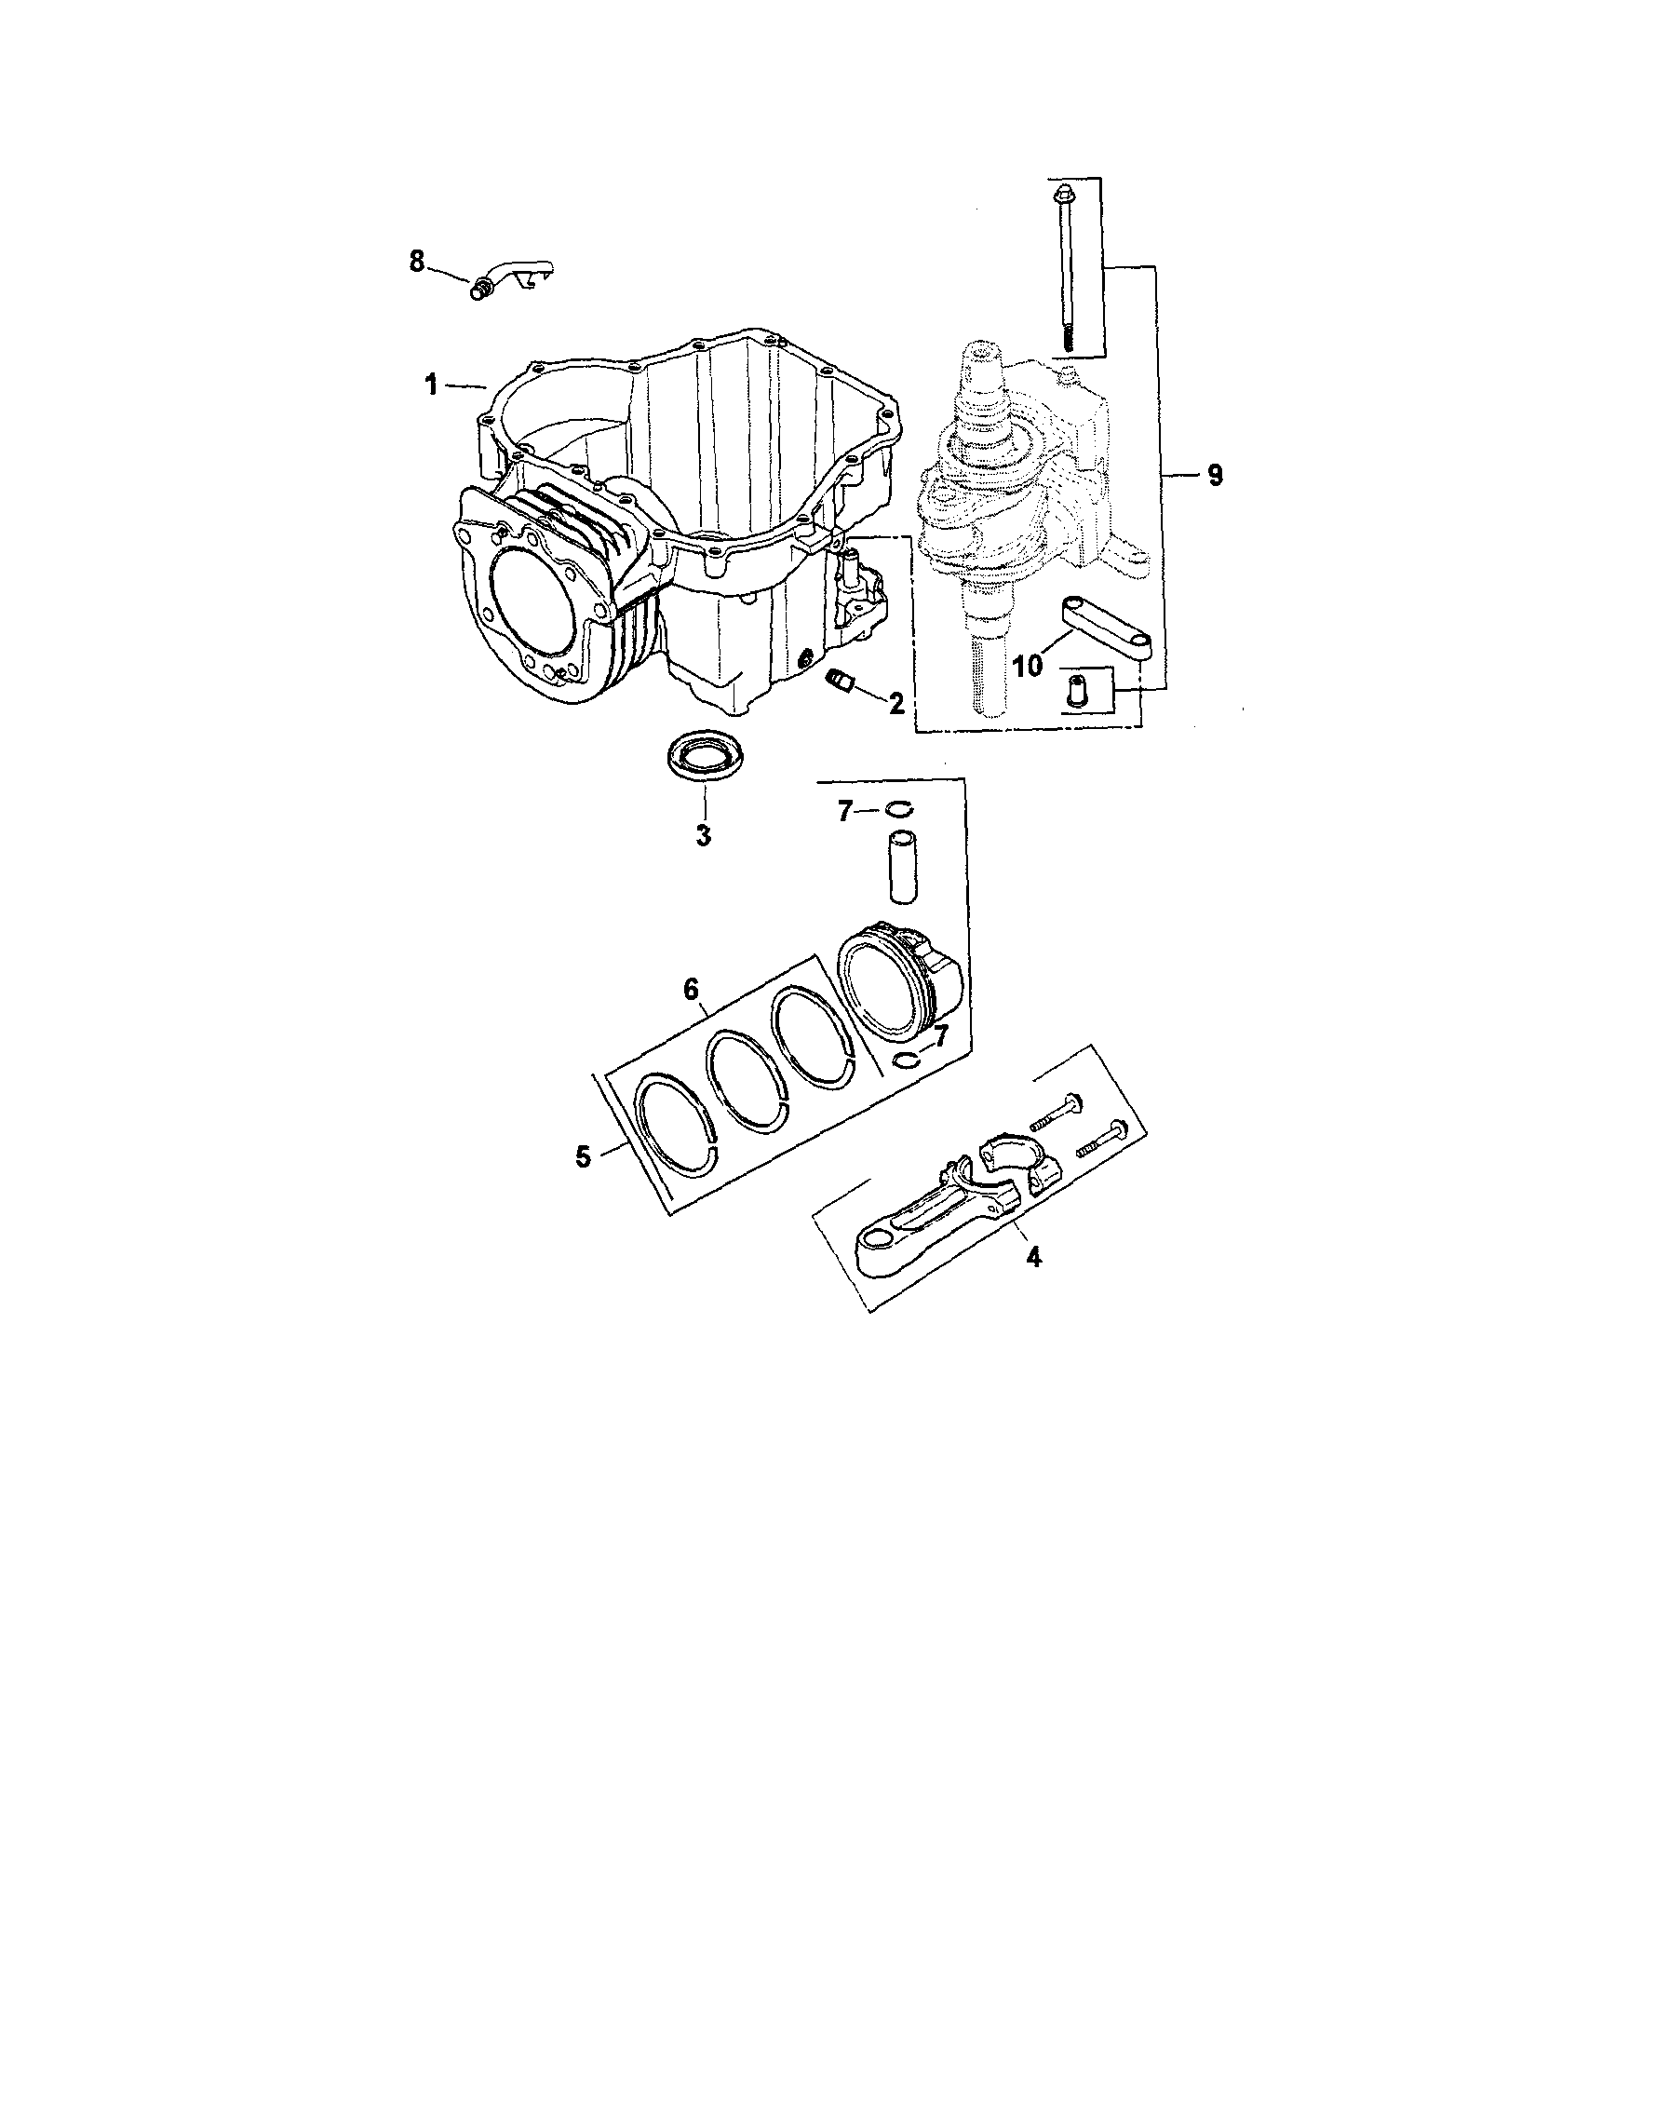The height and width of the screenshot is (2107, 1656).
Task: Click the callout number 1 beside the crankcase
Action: pyautogui.click(x=430, y=385)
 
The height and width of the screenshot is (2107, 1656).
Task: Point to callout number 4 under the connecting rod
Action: pyautogui.click(x=1034, y=1257)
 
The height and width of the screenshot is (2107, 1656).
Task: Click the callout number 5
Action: pyautogui.click(x=583, y=1155)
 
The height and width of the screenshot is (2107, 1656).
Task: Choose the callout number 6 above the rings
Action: pyautogui.click(x=691, y=989)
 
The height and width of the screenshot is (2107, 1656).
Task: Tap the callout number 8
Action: pyautogui.click(x=417, y=261)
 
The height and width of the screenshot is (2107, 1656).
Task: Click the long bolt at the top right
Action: pyautogui.click(x=1065, y=262)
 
